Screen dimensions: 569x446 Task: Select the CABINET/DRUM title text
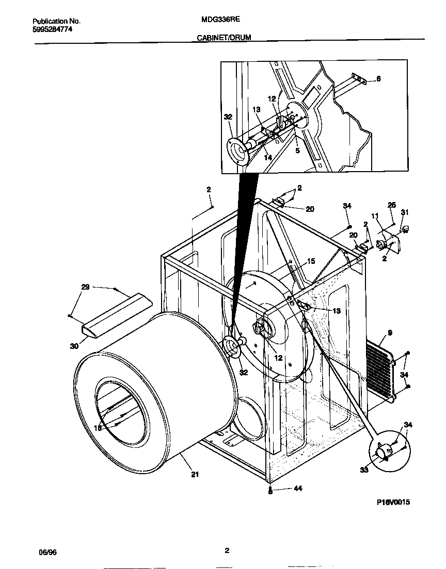[x=224, y=38]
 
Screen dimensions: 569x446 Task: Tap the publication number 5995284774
[x=52, y=29]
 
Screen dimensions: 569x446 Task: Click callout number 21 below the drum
[x=195, y=474]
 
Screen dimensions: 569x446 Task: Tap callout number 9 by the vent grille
[x=390, y=333]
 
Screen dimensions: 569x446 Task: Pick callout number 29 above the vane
[x=85, y=287]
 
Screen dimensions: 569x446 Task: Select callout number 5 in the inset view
[x=297, y=151]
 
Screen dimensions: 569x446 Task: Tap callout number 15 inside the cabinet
[x=311, y=261]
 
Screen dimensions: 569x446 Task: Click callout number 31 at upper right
[x=405, y=212]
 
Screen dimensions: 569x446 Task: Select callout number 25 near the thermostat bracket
[x=391, y=205]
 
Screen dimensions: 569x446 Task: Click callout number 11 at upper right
[x=375, y=216]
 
